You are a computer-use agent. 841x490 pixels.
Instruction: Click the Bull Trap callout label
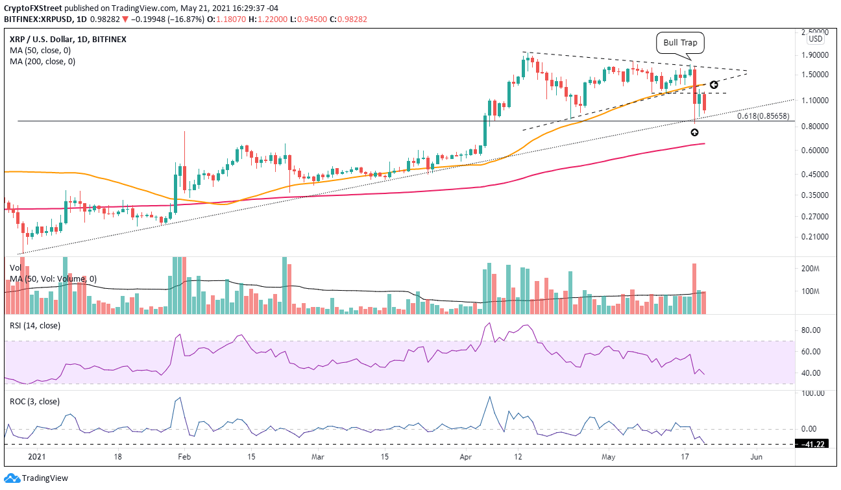coord(680,45)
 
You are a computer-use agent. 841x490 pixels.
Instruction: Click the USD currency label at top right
coord(816,39)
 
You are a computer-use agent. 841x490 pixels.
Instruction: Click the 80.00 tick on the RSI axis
coord(814,330)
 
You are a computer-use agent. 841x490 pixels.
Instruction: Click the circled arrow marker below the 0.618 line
coord(694,132)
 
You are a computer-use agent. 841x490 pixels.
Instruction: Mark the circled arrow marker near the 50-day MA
coord(713,85)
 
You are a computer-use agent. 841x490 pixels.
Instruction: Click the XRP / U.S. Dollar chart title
coord(44,39)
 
